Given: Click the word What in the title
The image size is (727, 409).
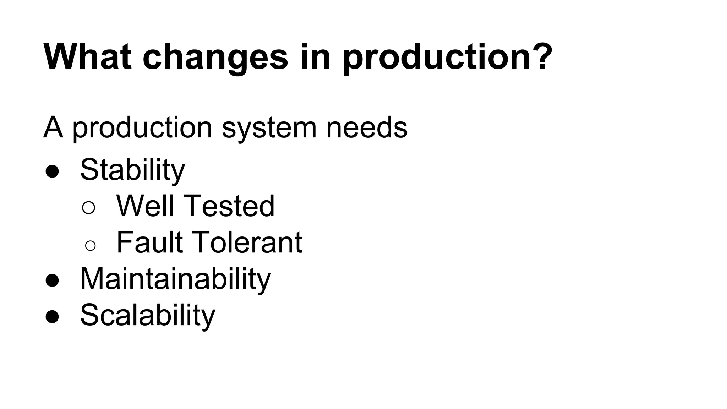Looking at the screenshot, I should point(87,57).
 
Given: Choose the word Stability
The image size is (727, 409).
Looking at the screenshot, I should point(132,170).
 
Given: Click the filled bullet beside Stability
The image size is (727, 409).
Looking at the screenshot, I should point(52,171).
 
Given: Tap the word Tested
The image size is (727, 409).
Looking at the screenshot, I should point(229,206).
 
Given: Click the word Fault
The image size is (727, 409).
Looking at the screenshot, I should point(149,242).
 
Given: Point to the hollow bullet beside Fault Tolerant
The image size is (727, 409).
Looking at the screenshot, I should point(90,245).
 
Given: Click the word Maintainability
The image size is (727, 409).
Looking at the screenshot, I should point(175,279).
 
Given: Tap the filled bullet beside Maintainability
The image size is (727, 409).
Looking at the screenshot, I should point(52,280).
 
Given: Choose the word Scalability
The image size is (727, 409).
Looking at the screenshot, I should point(147,315).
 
